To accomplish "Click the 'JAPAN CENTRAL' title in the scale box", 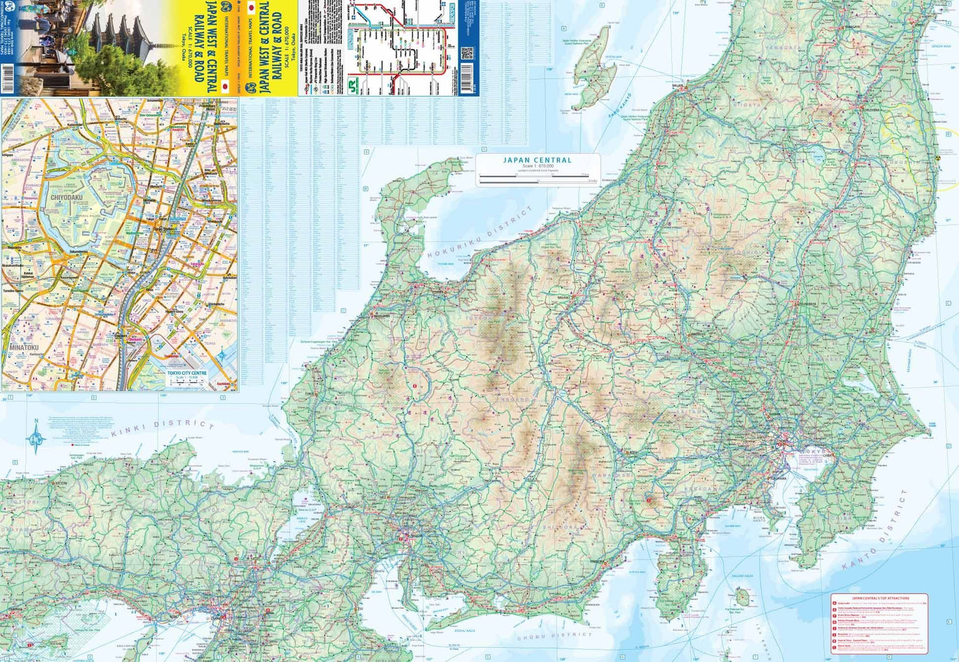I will [537, 160].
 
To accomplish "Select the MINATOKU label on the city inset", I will [24, 347].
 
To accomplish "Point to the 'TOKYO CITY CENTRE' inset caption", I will [187, 373].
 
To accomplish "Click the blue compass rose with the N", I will [36, 438].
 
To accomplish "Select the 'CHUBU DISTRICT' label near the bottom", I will [554, 637].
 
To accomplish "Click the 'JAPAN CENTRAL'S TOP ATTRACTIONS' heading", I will [880, 598].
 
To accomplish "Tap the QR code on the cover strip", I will [467, 52].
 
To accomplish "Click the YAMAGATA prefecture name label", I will [781, 47].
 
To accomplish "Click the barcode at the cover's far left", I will [8, 82].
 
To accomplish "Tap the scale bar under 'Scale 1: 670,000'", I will [537, 178].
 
